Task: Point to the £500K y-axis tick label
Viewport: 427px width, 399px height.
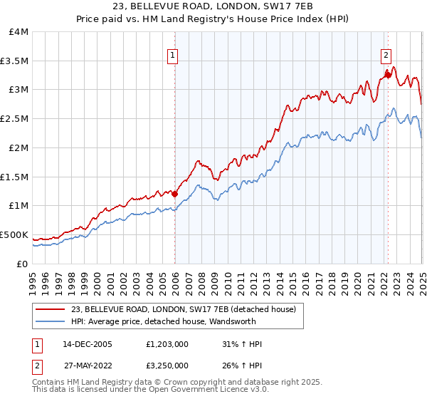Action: coord(14,234)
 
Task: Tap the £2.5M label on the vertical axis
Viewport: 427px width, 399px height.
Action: coord(14,119)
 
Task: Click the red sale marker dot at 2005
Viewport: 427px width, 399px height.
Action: coord(175,193)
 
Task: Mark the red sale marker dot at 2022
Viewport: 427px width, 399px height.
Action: coord(388,74)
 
